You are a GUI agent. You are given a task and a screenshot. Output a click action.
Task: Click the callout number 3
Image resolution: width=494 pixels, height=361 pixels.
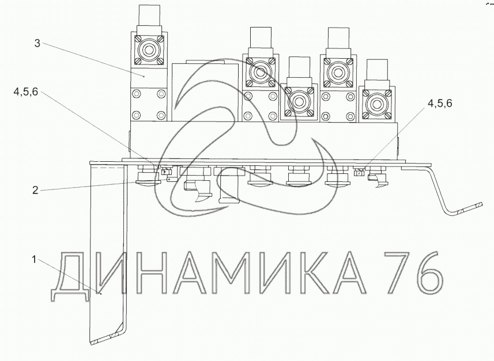tap(37, 43)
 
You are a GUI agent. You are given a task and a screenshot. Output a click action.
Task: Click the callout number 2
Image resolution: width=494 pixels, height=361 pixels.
tap(35, 190)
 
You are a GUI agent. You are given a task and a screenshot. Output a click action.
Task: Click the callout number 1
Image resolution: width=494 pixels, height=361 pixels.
tap(34, 260)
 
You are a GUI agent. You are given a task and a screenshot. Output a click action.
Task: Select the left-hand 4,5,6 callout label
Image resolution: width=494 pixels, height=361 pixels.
tap(25, 92)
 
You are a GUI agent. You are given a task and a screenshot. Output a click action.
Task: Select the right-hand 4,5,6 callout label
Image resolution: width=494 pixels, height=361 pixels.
tap(439, 103)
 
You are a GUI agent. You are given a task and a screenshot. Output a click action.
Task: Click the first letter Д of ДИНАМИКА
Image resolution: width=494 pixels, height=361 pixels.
tap(70, 277)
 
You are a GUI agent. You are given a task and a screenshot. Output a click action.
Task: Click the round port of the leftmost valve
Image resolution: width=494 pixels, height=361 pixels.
tap(149, 49)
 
